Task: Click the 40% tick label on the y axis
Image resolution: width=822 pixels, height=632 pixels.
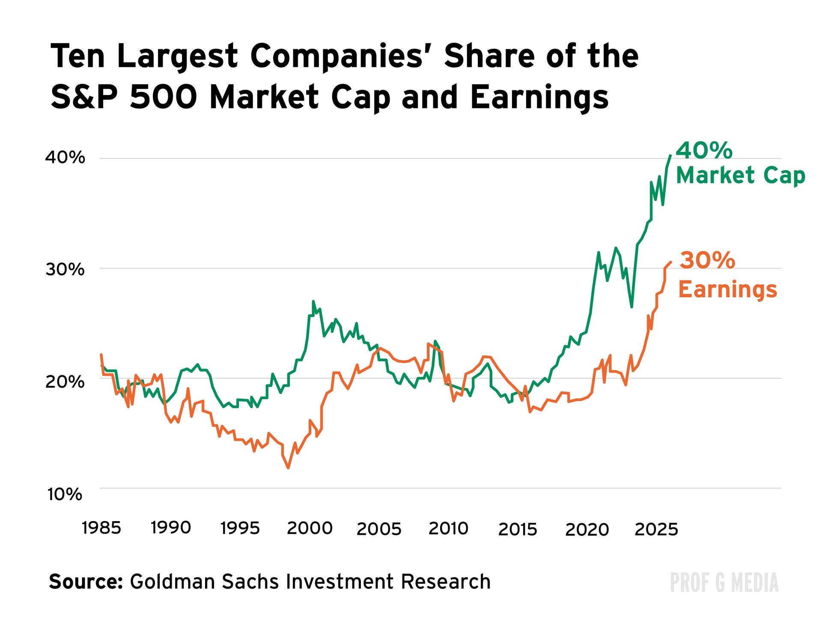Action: (65, 158)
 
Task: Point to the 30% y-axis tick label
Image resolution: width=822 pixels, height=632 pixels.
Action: (65, 269)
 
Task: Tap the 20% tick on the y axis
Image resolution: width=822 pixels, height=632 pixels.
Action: (65, 381)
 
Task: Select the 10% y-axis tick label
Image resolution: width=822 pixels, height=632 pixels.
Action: (65, 494)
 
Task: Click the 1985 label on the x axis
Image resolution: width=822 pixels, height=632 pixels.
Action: (101, 528)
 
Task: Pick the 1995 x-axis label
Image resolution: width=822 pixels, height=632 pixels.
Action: (240, 528)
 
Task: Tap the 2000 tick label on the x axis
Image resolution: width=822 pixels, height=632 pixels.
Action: (309, 528)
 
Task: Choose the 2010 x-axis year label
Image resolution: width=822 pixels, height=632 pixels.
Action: (448, 528)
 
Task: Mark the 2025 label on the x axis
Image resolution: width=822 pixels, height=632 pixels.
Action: (656, 530)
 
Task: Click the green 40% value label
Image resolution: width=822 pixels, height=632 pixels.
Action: (704, 151)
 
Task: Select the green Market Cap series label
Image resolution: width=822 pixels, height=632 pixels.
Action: (741, 176)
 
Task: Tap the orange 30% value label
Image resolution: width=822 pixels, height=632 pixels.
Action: (707, 260)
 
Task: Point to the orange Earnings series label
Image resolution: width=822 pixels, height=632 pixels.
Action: (727, 289)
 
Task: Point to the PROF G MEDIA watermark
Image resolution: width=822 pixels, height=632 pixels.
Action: (724, 583)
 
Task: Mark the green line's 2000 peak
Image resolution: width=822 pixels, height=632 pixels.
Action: (313, 301)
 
